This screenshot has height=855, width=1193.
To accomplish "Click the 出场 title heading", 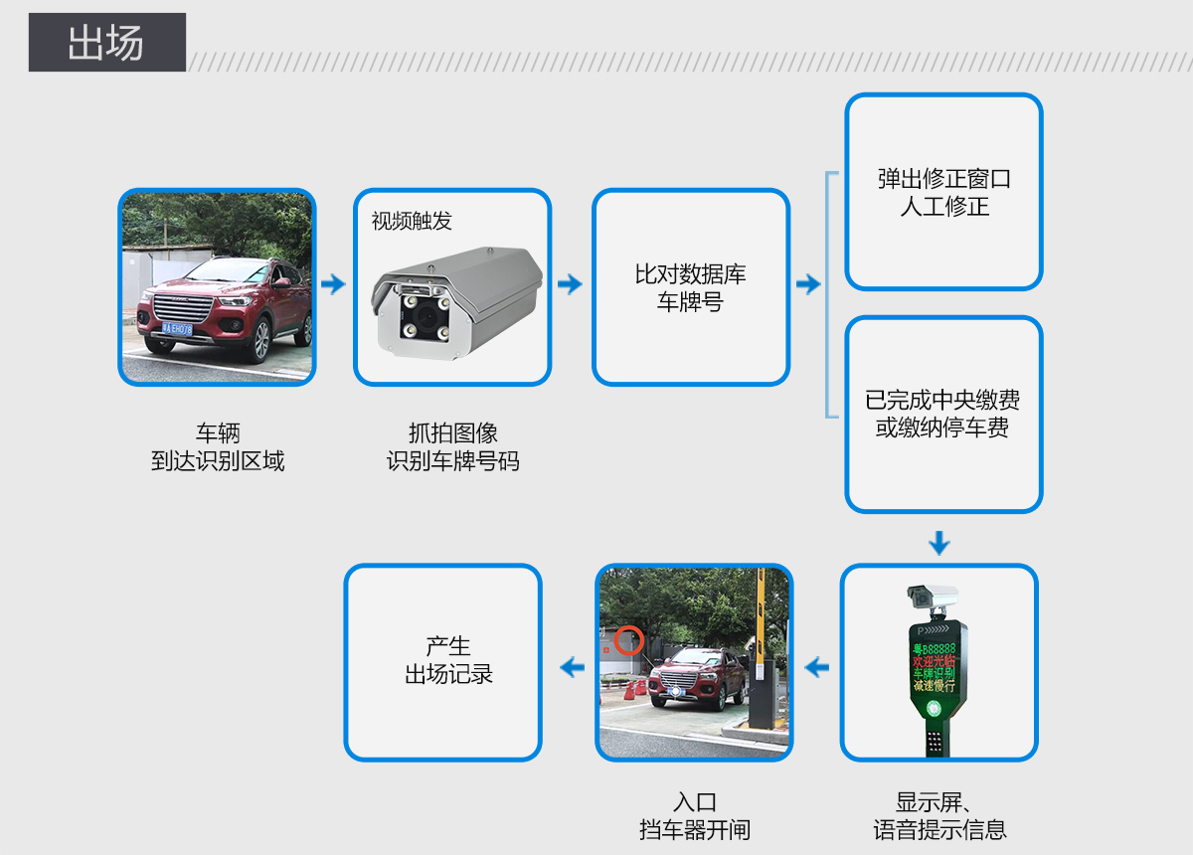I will [106, 43].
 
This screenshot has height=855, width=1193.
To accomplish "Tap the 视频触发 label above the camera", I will [412, 221].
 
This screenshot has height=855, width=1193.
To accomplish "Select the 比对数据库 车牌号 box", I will [691, 287].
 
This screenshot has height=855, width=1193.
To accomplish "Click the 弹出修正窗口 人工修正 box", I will [943, 192].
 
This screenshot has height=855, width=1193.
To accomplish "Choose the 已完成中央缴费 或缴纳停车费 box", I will [943, 414].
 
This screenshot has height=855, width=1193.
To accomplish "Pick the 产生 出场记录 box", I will [443, 661].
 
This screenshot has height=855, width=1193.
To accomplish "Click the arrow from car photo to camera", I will [334, 285].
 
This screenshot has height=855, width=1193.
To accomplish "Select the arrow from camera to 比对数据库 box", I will [571, 285].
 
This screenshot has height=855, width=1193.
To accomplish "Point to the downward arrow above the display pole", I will [939, 543].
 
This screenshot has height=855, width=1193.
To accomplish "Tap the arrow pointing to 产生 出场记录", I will [572, 667].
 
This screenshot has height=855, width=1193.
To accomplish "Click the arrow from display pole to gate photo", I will [817, 667].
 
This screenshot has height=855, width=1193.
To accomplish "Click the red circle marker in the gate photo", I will [628, 639].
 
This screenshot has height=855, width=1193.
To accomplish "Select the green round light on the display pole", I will [934, 709].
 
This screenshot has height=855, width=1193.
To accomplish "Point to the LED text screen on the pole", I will [934, 666].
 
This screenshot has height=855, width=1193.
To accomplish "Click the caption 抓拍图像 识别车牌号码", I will [453, 447].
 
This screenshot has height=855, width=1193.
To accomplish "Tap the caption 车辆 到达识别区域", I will [218, 447].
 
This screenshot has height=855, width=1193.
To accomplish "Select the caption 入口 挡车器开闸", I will [694, 816].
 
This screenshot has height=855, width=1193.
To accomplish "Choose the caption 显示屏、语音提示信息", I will [939, 816].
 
